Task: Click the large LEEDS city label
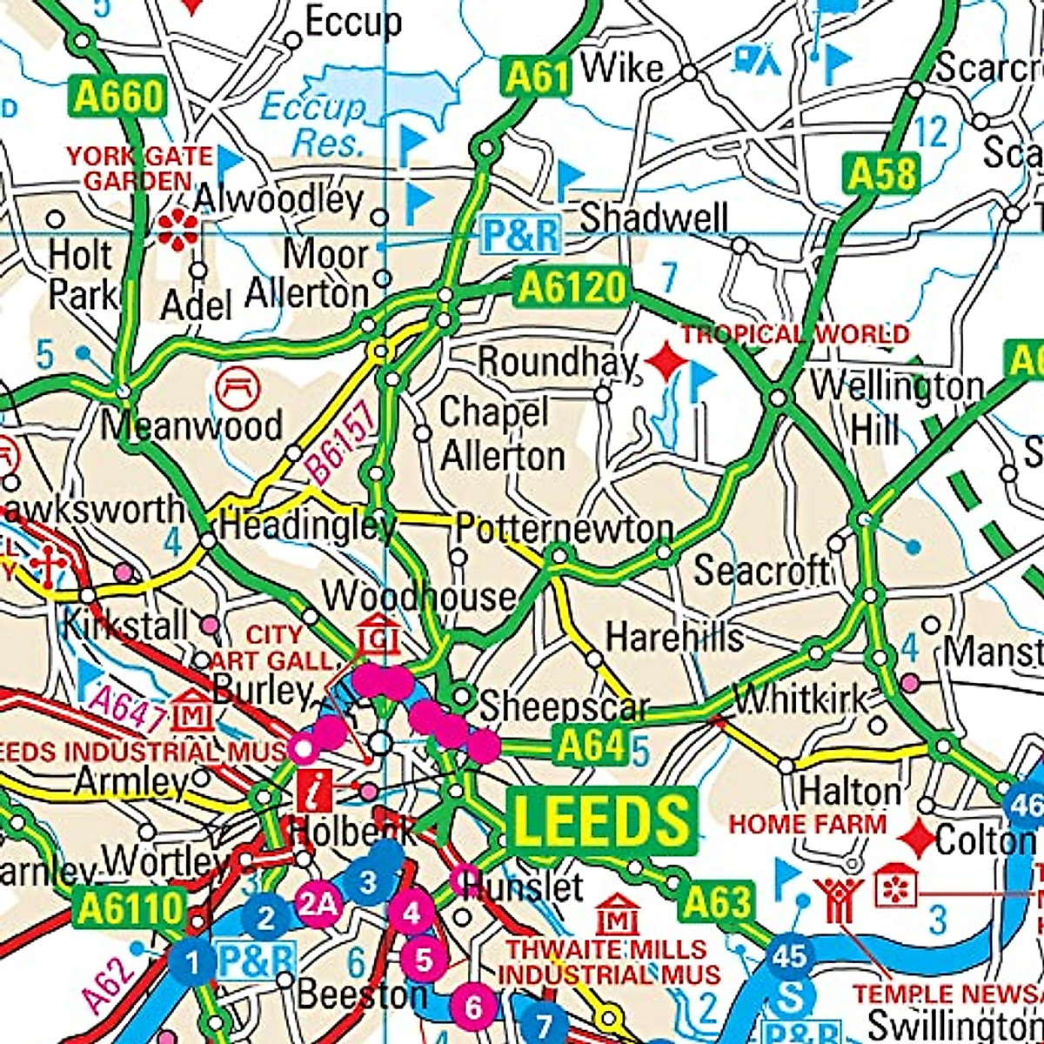[x=602, y=820]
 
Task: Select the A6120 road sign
[x=572, y=288]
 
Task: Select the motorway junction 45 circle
[x=790, y=956]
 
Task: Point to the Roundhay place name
[x=558, y=362]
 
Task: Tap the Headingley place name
[x=307, y=525]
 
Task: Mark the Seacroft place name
[x=761, y=572]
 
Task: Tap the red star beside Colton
[x=917, y=838]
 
